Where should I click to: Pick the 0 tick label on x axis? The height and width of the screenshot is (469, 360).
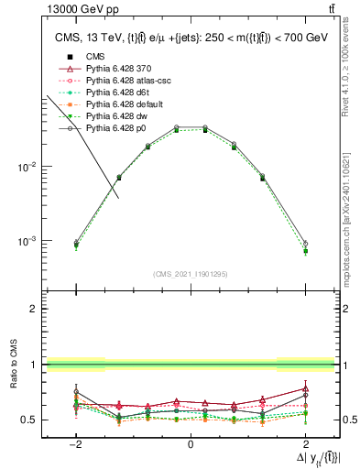point(191,443)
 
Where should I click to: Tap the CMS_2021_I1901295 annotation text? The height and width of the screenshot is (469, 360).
point(191,274)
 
